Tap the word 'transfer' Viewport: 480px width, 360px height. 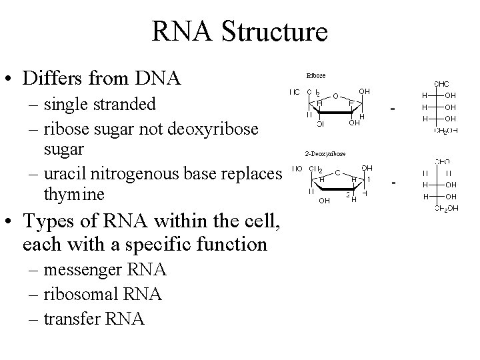(x=72, y=319)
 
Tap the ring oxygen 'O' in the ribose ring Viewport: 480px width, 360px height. (x=335, y=95)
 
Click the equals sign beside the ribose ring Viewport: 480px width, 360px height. (x=393, y=108)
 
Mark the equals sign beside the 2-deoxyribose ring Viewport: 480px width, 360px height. (x=393, y=182)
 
